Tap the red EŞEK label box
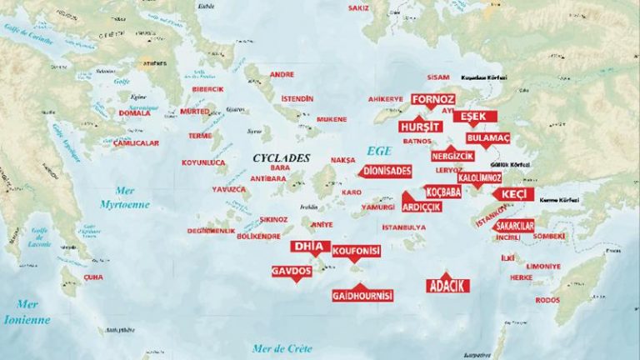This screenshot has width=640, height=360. [474, 116]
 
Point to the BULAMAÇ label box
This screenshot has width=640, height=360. [487, 137]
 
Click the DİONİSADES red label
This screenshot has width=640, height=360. [387, 171]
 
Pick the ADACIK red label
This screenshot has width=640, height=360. [447, 286]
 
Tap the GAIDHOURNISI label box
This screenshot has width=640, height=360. [362, 296]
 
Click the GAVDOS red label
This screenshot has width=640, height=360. [292, 272]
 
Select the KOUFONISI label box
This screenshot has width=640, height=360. [356, 250]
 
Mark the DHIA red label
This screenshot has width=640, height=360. [310, 247]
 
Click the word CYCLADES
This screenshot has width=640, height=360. [282, 157]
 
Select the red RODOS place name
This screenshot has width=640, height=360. [547, 300]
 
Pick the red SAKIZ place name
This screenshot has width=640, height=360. [358, 7]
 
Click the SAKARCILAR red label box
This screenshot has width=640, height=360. [514, 226]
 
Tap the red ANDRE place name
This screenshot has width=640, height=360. [282, 74]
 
